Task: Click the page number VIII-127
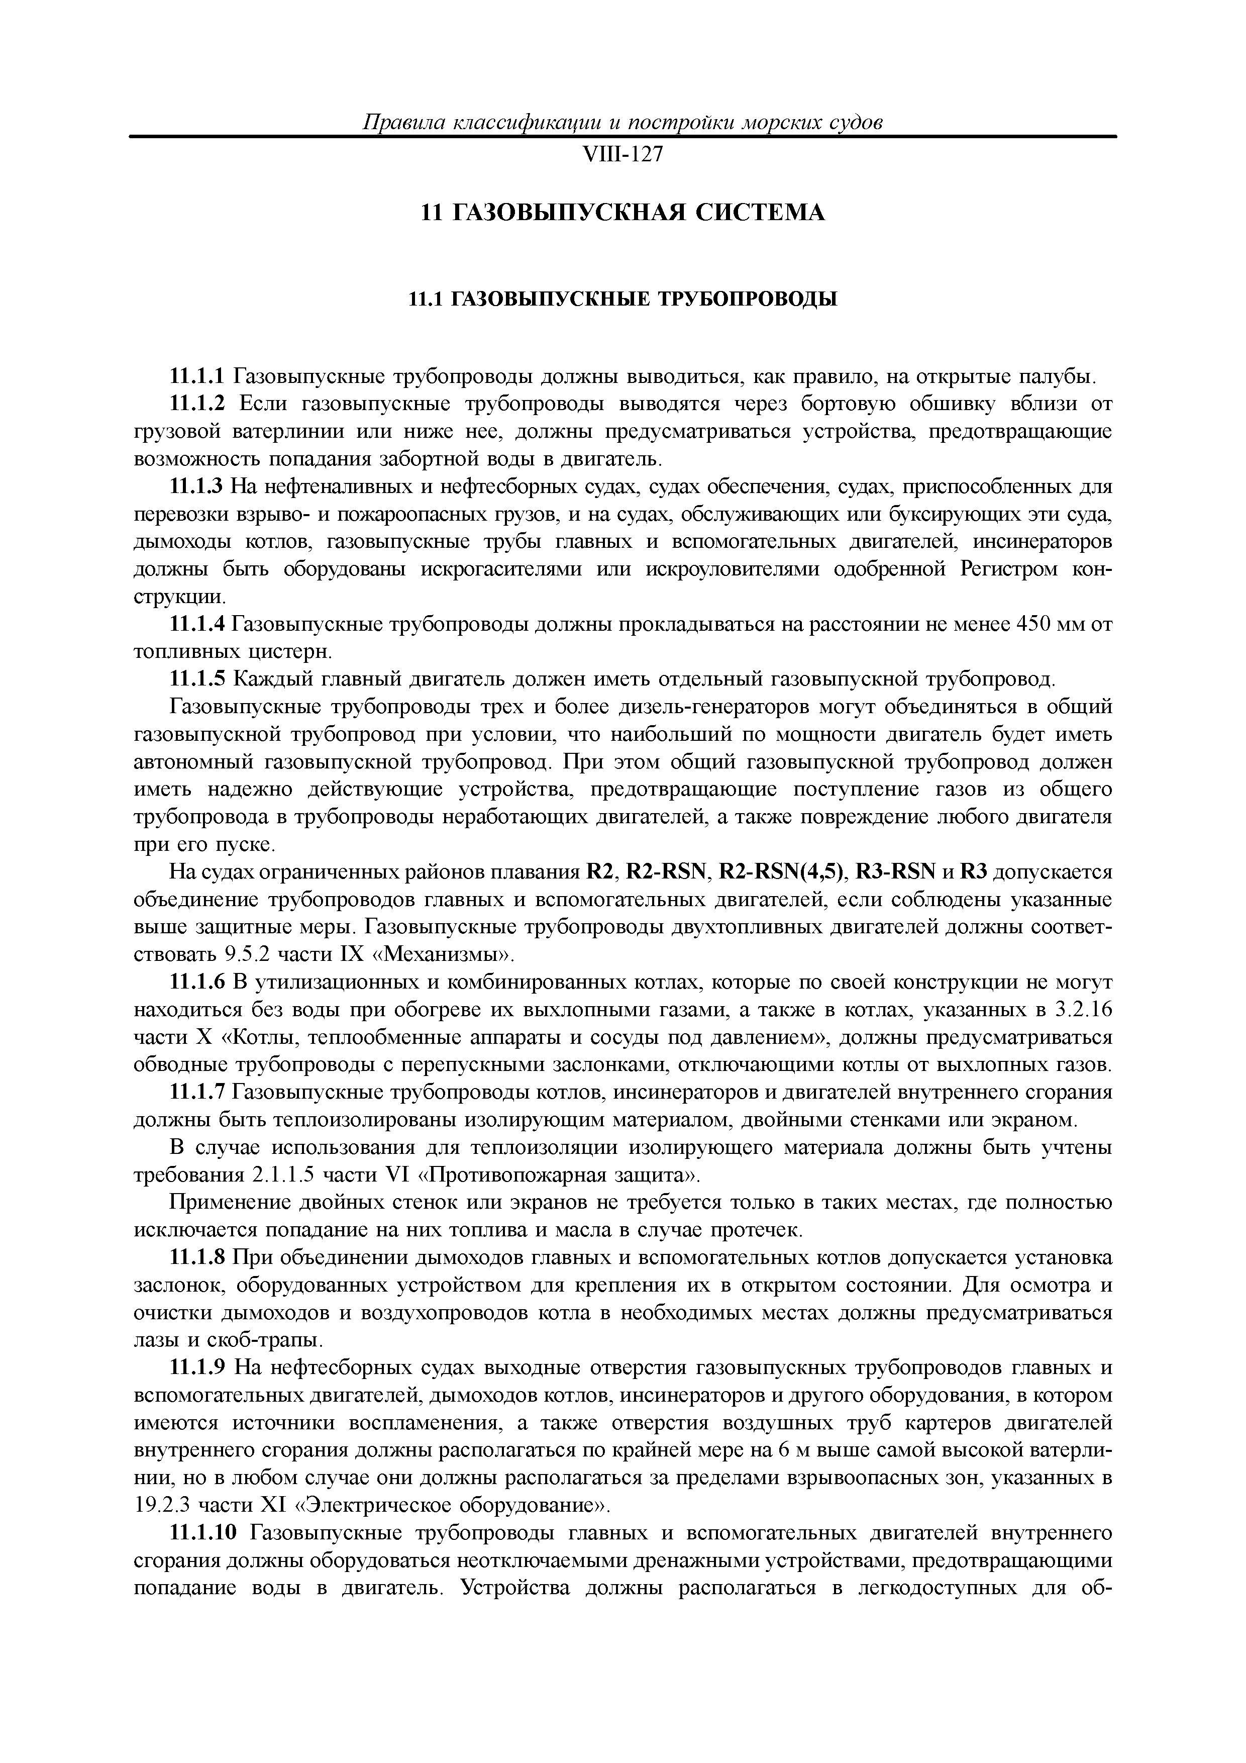click(622, 155)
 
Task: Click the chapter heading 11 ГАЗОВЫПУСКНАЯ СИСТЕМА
click(622, 212)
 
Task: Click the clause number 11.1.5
click(196, 679)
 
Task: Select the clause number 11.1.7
click(196, 1092)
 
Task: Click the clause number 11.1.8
click(196, 1258)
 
